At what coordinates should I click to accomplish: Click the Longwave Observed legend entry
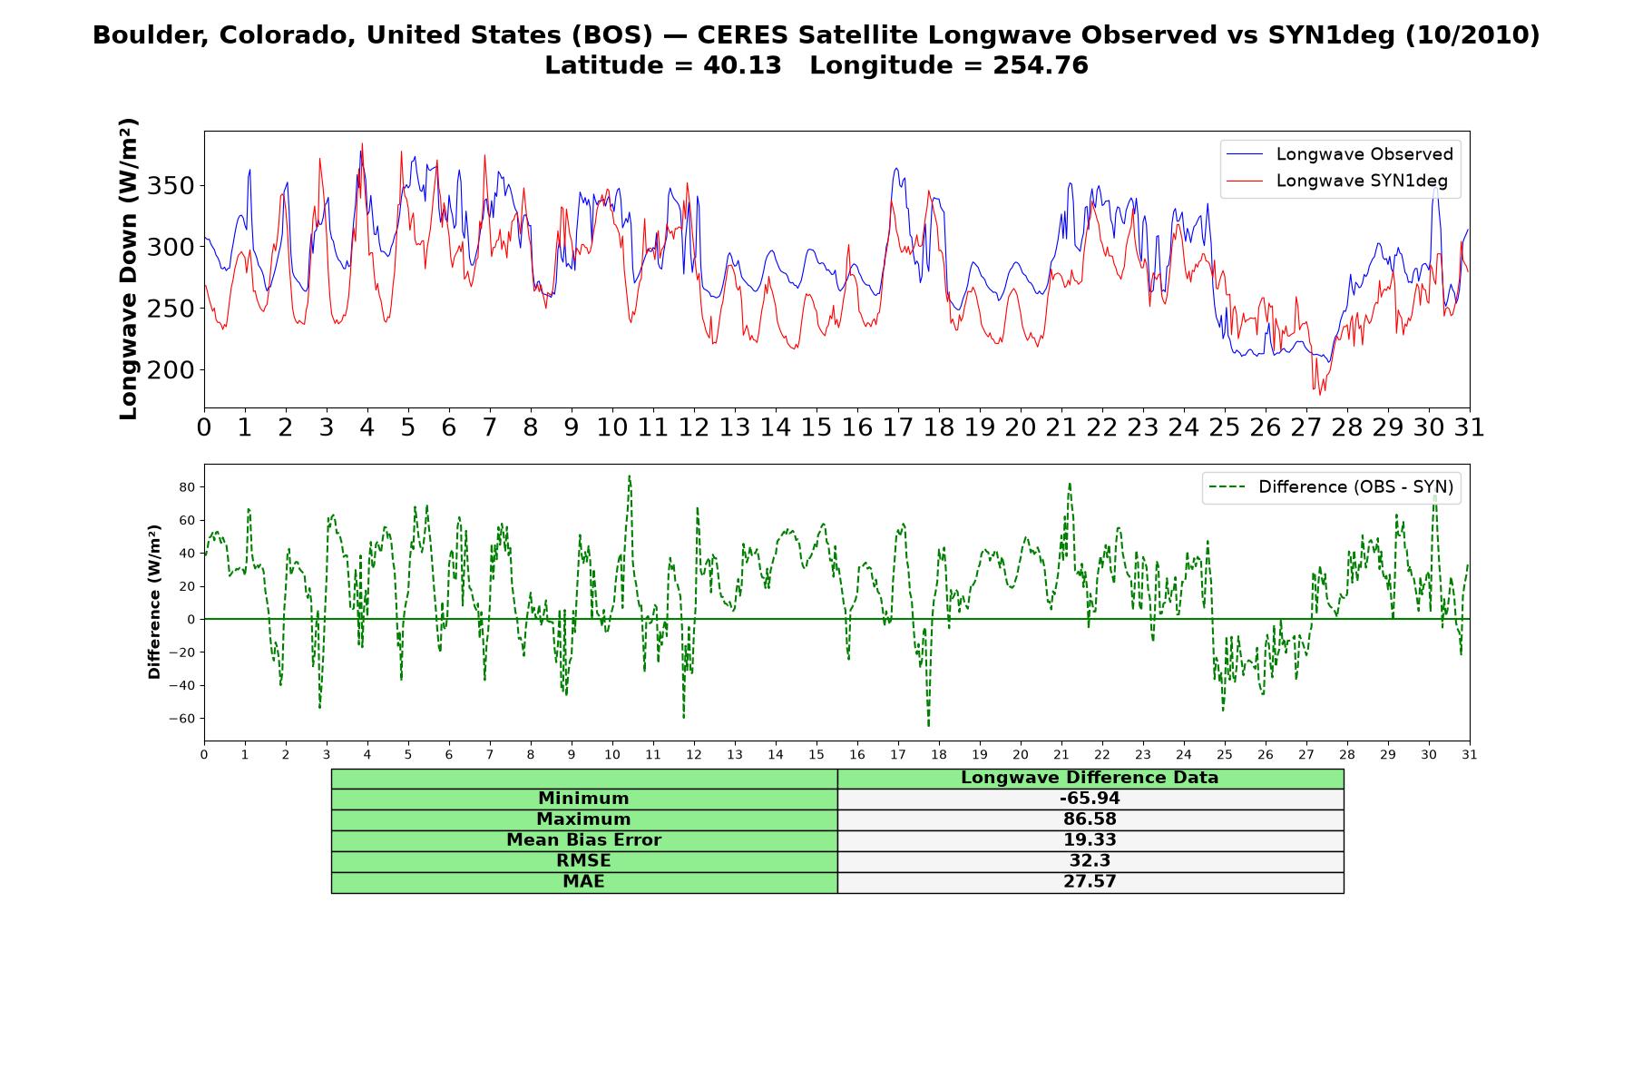(x=1339, y=154)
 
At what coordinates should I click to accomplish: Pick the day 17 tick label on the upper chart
(x=898, y=427)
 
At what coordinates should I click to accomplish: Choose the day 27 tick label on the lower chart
(x=1306, y=754)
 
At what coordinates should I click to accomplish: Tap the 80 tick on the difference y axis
(x=188, y=487)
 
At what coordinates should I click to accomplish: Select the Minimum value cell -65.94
(x=1090, y=799)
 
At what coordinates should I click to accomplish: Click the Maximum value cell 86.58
(x=1090, y=819)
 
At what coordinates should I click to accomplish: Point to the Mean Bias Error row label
(x=583, y=840)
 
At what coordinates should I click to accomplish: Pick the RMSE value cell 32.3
(x=1090, y=861)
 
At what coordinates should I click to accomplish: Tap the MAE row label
(x=583, y=882)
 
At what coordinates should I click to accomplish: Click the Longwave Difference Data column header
(x=1090, y=778)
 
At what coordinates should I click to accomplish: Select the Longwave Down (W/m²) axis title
(x=128, y=269)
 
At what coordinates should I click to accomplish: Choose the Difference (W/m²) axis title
(x=154, y=602)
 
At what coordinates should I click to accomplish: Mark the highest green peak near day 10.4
(x=629, y=476)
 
